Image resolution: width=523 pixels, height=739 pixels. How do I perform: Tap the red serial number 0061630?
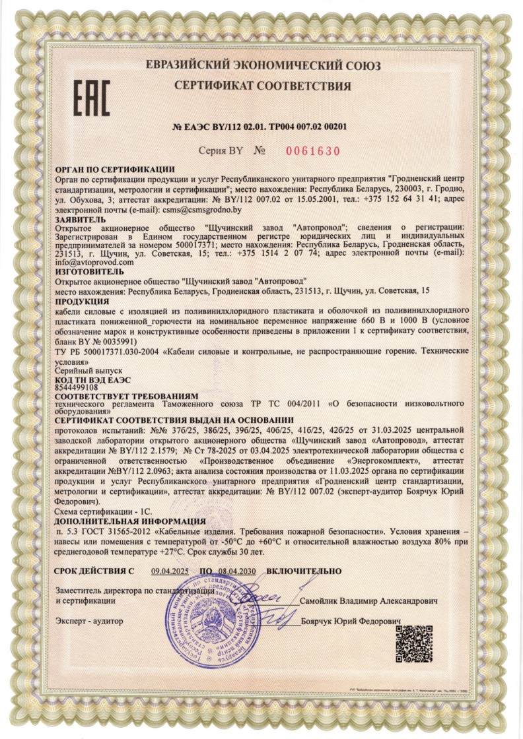tap(313, 151)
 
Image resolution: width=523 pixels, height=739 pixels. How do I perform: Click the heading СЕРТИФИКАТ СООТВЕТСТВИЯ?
tap(262, 86)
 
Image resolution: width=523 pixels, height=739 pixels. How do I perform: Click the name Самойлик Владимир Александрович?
tap(368, 602)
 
